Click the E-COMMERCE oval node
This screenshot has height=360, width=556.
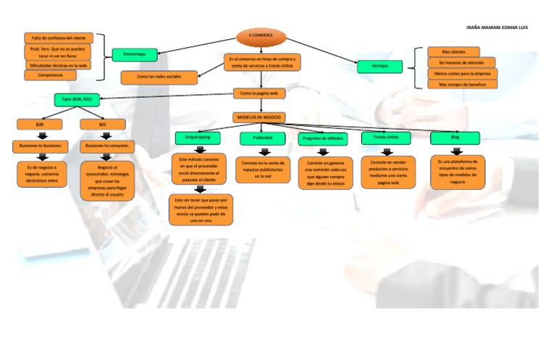coord(261,35)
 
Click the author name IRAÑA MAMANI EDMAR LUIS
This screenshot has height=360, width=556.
coord(497,28)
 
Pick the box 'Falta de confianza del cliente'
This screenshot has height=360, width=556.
coord(58,38)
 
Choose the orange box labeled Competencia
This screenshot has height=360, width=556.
coord(50,75)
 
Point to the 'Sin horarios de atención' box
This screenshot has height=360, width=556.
coord(461,62)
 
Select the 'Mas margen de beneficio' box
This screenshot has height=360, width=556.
coord(462,84)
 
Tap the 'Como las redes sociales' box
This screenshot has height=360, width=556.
coord(159,76)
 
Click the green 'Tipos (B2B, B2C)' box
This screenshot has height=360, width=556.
coord(77,99)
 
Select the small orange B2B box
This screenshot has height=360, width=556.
coord(40,125)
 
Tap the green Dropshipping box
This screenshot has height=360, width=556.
coord(197,137)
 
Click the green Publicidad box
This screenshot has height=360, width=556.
coord(262,138)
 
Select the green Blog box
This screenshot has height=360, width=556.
coord(455,137)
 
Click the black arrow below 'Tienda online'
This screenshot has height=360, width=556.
coord(386,151)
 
